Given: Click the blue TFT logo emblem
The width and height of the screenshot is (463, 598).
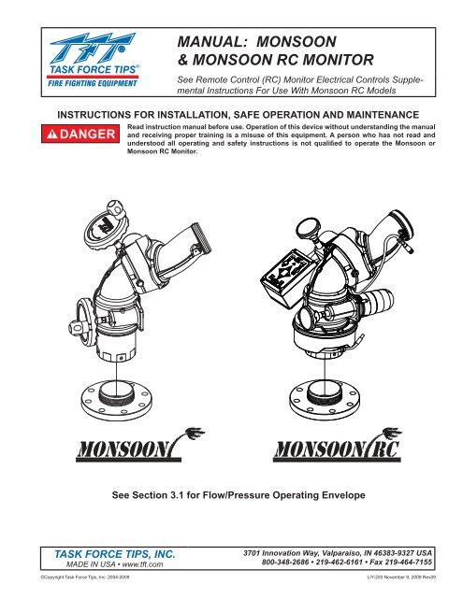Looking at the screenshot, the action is click(93, 48).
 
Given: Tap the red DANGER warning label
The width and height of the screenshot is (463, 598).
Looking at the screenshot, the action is click(80, 134).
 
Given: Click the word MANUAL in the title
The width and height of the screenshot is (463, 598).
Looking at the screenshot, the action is click(210, 41).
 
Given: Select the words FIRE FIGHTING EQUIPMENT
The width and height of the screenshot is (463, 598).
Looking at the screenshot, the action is click(93, 83).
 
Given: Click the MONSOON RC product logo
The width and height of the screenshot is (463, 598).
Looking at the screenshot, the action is click(338, 445).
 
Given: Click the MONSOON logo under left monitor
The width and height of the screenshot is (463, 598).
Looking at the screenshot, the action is click(139, 445).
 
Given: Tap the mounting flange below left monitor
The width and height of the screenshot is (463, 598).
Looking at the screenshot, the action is click(117, 400).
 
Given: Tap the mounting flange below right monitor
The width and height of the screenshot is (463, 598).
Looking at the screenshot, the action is click(325, 399).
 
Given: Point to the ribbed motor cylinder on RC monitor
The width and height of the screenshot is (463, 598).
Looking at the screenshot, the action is click(376, 302).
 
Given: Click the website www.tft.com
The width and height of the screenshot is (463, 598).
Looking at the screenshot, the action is click(142, 564).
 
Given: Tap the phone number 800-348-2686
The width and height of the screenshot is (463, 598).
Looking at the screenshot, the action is click(285, 562).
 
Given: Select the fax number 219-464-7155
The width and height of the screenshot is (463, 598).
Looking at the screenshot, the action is click(409, 562).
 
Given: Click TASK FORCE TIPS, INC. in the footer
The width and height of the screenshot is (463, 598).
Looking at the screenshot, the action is click(114, 554).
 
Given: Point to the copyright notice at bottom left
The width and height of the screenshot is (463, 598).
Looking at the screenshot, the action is click(85, 577).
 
